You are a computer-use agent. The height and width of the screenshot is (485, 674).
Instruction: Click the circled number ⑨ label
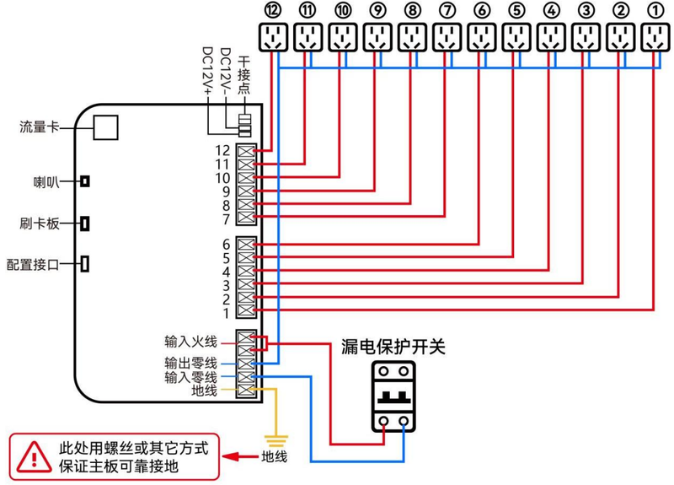tap(377, 10)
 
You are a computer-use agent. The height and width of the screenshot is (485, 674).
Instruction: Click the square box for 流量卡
tap(105, 127)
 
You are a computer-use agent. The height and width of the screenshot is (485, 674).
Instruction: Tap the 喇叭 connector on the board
tap(85, 181)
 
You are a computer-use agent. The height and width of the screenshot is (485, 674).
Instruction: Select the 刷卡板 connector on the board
tap(85, 224)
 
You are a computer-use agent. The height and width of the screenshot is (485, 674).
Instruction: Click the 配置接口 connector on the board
tap(85, 264)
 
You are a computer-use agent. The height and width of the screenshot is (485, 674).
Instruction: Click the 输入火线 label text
tap(191, 342)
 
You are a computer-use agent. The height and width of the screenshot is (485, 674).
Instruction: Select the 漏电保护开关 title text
tap(393, 347)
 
